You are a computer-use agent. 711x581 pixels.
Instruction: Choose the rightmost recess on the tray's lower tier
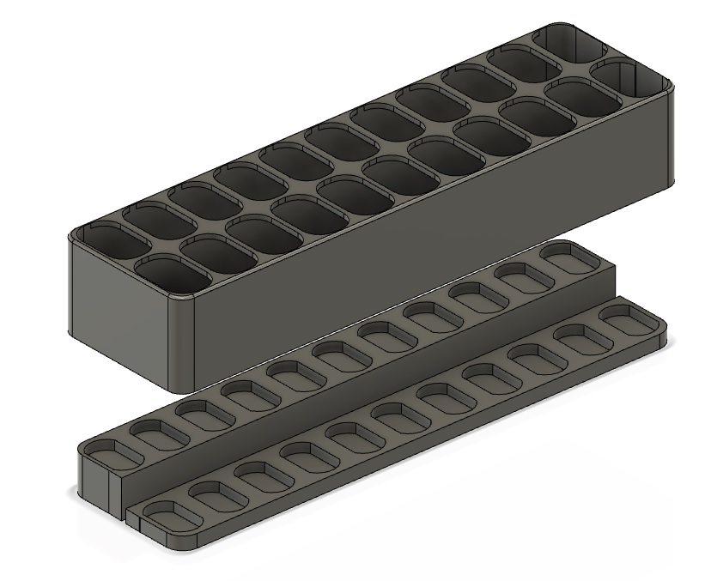coord(626,317)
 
